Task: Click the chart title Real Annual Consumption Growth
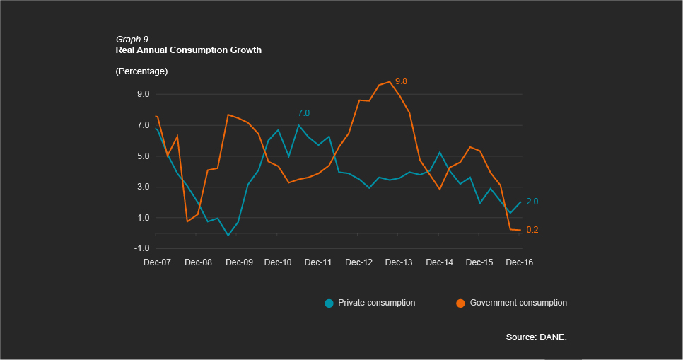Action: tap(188, 50)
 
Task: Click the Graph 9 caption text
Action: tap(132, 39)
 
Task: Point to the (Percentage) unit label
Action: tap(141, 71)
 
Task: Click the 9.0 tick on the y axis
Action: tap(143, 94)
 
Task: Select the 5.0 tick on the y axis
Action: tap(143, 156)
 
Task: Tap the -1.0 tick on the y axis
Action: tap(141, 248)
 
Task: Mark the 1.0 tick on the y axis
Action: tap(143, 218)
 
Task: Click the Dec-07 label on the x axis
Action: tap(157, 262)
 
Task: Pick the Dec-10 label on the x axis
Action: tap(278, 262)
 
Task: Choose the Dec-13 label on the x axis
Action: tap(399, 262)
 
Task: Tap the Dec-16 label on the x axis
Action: tap(519, 262)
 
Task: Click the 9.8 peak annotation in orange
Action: tap(402, 81)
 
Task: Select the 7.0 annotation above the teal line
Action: tap(303, 113)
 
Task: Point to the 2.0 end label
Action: tap(532, 202)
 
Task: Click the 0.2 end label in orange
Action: tap(532, 230)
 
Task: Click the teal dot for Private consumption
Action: tap(329, 303)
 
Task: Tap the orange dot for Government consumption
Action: tap(460, 303)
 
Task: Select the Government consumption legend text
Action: tap(518, 303)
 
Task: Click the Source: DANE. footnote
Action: tap(536, 337)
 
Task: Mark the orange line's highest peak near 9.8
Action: tap(390, 81)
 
